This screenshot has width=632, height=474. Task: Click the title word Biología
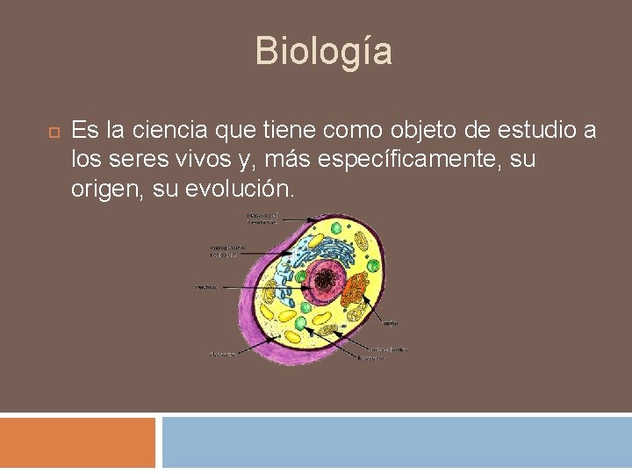323,51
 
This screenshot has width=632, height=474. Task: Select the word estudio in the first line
530,131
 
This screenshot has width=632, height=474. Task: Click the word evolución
241,189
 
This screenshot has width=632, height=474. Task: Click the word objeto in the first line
417,131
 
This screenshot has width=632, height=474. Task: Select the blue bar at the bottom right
397,442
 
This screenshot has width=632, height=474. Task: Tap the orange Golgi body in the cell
355,294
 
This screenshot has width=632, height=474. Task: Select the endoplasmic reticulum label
227,252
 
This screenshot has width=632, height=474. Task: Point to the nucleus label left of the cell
207,286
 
